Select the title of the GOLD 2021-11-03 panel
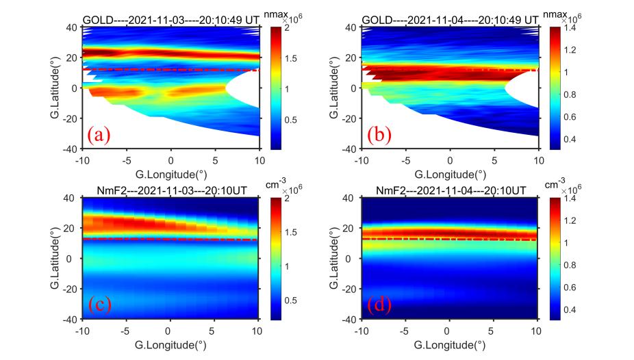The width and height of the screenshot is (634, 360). coord(171,21)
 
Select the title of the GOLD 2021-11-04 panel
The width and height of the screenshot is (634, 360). coord(449,21)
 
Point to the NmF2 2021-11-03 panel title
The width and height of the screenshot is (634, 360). coord(171,191)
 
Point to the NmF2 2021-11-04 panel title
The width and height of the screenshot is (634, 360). coord(449,191)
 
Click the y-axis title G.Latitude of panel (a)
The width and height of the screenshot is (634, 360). coord(54,88)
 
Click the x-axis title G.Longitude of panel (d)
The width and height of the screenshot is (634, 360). coord(449,345)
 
